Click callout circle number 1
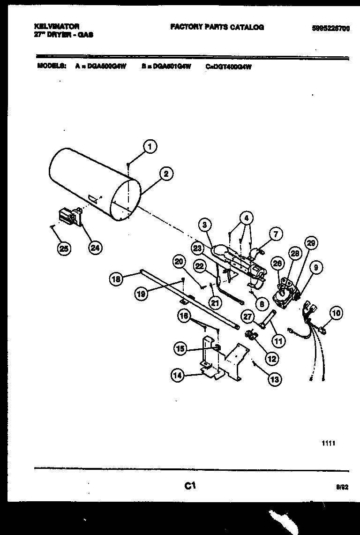(150, 147)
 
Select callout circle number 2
(165, 174)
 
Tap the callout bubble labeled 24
(96, 249)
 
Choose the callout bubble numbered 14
(178, 375)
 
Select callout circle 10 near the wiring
(336, 313)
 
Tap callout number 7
(276, 233)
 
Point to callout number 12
(271, 358)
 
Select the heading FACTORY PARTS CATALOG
(217, 27)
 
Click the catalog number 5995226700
(330, 28)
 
